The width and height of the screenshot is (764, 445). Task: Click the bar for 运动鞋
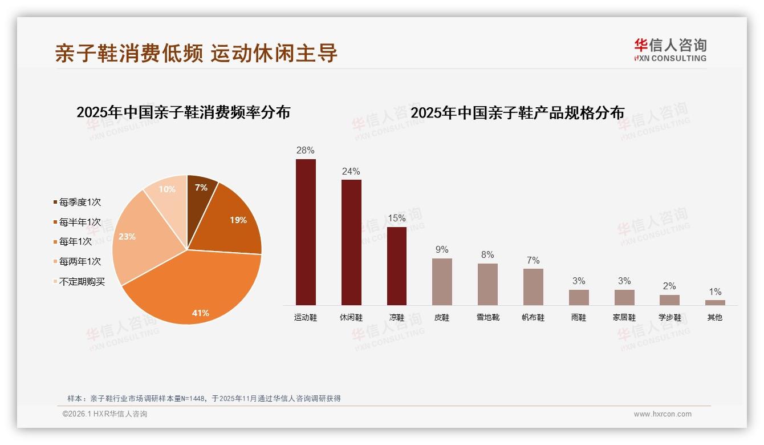(x=306, y=232)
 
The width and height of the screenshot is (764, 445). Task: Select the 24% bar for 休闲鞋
(x=351, y=242)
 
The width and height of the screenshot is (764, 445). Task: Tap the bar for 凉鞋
(x=397, y=266)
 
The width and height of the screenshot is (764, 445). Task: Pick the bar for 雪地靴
(x=487, y=284)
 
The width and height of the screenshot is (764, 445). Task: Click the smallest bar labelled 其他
(x=715, y=302)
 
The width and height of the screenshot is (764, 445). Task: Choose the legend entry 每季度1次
(x=80, y=203)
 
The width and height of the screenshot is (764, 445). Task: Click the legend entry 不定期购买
(x=82, y=282)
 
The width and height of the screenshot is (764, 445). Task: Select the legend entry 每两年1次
(x=80, y=262)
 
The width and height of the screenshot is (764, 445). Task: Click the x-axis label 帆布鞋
(x=533, y=318)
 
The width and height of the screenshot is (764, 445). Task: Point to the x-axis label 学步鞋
(x=669, y=318)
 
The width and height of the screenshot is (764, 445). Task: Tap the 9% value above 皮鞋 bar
(x=442, y=250)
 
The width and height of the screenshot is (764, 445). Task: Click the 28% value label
(x=306, y=151)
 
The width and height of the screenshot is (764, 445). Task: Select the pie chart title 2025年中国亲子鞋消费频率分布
(x=183, y=112)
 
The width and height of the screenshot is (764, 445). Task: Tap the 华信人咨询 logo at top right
(x=670, y=50)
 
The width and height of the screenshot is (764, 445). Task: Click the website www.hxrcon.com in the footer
(x=663, y=414)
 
